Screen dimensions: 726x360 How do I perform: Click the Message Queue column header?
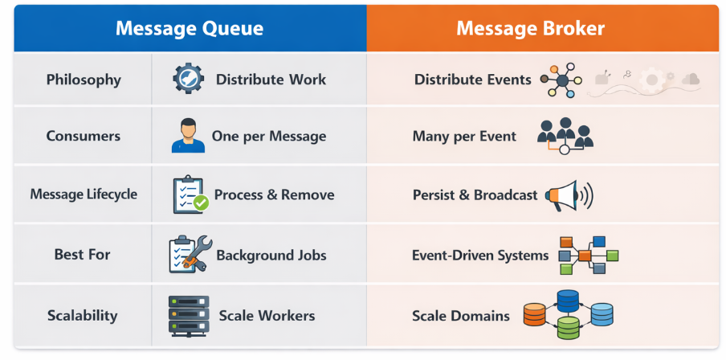tap(190, 28)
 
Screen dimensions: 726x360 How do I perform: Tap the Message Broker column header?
tap(531, 28)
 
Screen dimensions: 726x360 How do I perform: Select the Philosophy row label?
tap(84, 80)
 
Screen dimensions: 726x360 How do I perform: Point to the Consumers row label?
tap(84, 137)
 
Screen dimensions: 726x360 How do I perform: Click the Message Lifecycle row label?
tap(84, 194)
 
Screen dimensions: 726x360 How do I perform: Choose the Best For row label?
tap(83, 255)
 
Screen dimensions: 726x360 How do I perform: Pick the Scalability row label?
tap(83, 316)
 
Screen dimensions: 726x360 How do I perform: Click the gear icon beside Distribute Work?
tap(189, 79)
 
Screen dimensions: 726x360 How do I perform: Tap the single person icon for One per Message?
tap(188, 136)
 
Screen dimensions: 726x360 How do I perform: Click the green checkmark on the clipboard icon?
tap(201, 203)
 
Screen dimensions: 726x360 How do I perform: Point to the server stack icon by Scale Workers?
tap(189, 315)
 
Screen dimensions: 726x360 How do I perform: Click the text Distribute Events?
tap(473, 80)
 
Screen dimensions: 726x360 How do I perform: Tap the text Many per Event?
tap(464, 137)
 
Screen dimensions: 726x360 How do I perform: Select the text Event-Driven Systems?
tap(480, 255)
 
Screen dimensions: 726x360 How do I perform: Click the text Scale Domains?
tap(461, 316)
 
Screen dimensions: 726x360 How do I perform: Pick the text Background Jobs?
tap(271, 255)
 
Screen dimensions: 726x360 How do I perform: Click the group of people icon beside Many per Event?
tap(565, 136)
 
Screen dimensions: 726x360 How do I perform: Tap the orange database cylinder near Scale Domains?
tap(534, 314)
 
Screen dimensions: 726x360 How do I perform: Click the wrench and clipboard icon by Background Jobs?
tap(190, 254)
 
